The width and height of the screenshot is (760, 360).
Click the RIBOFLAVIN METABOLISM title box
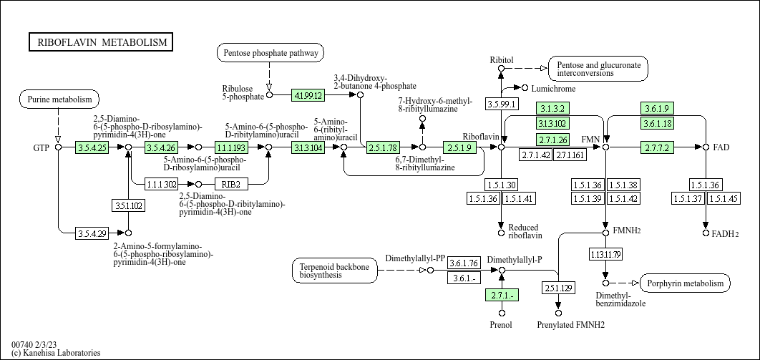tap(101, 42)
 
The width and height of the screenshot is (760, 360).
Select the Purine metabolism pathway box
tap(59, 99)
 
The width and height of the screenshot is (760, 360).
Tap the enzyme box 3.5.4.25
tap(92, 147)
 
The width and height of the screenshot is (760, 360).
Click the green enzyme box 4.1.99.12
tap(308, 94)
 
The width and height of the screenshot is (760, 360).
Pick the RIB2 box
tap(230, 184)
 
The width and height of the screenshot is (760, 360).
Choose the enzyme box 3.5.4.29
tap(92, 233)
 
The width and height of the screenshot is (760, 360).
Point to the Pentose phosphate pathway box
tap(270, 53)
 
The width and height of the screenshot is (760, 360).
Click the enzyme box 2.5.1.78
tap(383, 147)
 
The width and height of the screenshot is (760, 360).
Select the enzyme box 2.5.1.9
tap(459, 147)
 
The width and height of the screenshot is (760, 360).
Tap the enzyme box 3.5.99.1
tap(502, 104)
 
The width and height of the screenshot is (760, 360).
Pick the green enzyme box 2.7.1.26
tap(553, 140)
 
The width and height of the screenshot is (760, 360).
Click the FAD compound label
tap(721, 147)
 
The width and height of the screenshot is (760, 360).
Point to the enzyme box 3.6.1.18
tap(657, 124)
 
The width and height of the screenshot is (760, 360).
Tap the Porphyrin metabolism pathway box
tap(686, 283)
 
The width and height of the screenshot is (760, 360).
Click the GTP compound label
tap(41, 147)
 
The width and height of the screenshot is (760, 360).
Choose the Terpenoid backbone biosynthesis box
tap(335, 271)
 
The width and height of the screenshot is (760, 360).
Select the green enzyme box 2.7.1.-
tap(502, 295)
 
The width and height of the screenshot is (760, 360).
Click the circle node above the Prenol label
tap(502, 313)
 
